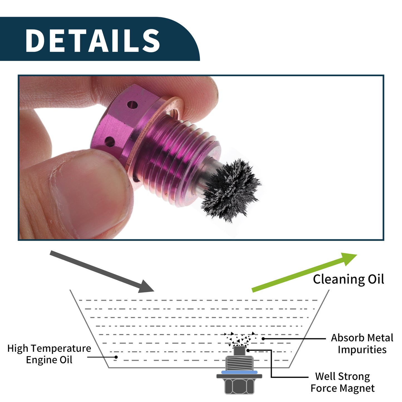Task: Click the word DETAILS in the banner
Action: pos(93,40)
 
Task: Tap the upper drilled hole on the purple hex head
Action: pos(132,105)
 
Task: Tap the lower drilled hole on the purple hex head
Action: pos(110,142)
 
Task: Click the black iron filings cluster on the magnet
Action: pos(231,191)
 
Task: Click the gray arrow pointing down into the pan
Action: pos(102,272)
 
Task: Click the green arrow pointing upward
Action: pos(304,272)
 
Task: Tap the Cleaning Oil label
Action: pos(348,279)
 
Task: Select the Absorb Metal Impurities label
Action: pos(362,344)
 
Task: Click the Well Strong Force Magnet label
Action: pos(342,382)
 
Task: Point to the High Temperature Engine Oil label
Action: pos(49,354)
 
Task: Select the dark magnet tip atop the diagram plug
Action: pos(239,351)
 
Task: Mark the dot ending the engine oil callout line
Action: pos(116,357)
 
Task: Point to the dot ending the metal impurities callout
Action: pos(263,339)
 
